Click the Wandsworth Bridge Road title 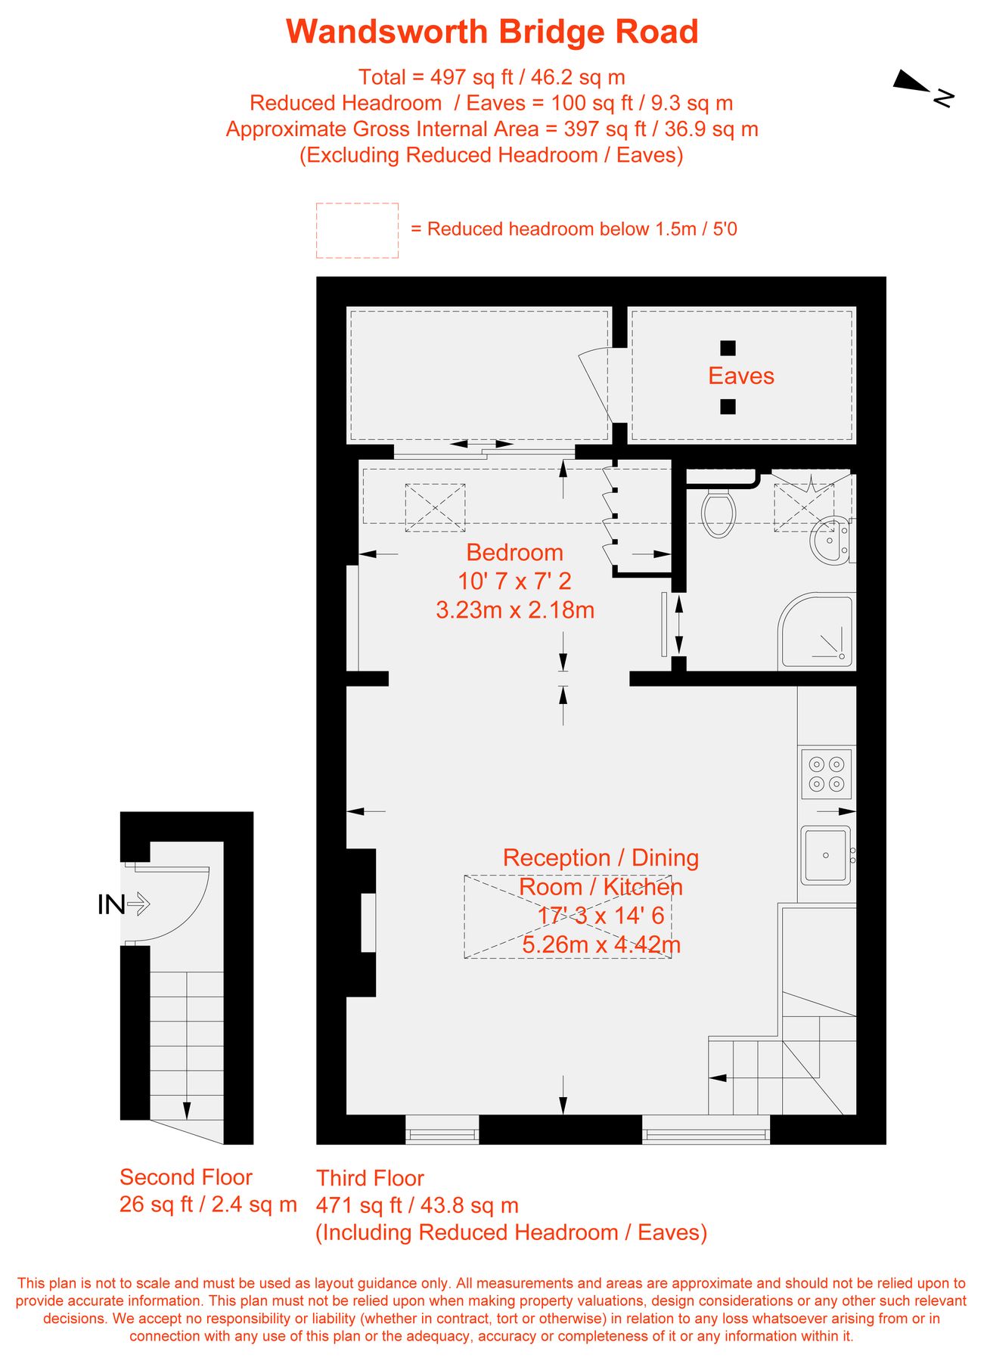[492, 33]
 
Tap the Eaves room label [741, 376]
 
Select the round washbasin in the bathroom [830, 539]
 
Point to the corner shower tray [817, 631]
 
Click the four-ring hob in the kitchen [827, 774]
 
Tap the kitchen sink [826, 855]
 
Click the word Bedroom [514, 553]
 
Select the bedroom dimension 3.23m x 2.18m [515, 610]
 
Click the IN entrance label [111, 904]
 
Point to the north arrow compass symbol [923, 87]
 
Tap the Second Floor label [186, 1177]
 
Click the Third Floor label [370, 1178]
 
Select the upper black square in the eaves [728, 348]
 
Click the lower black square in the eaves [728, 407]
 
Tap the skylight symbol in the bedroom [435, 507]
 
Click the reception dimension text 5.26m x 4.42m [601, 945]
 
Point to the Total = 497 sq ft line [492, 77]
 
